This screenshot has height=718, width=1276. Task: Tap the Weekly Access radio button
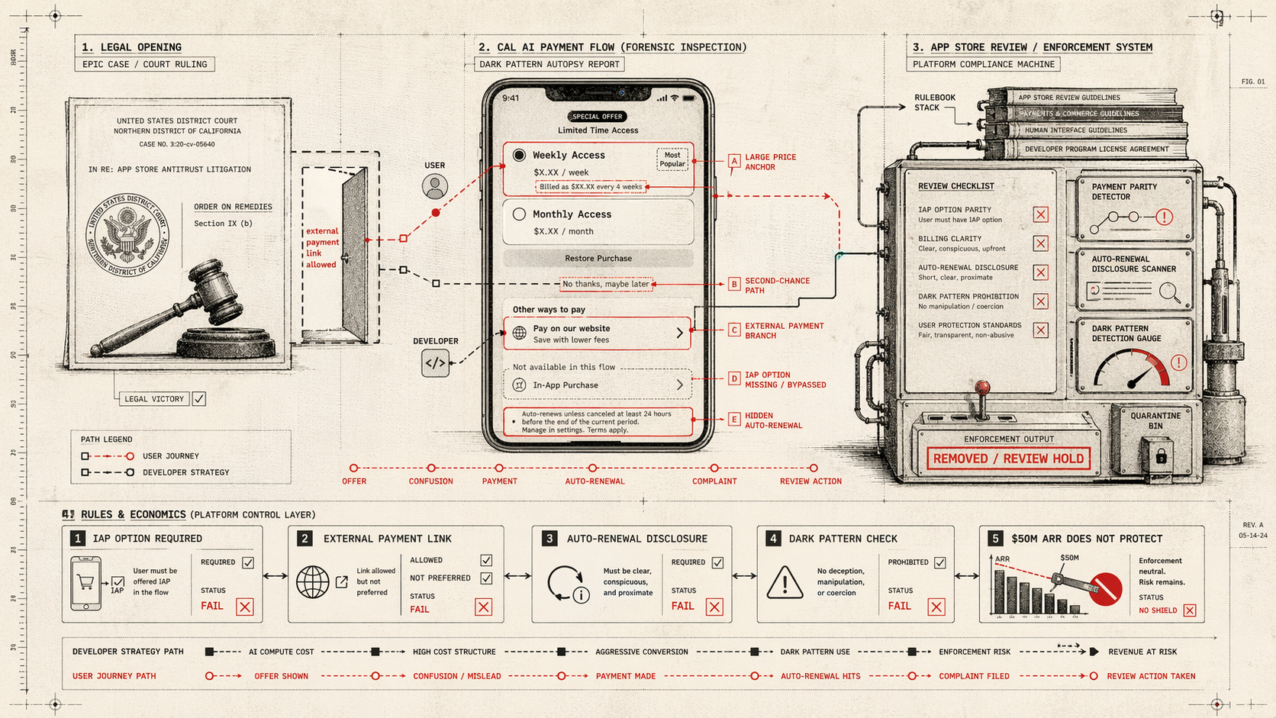pos(519,155)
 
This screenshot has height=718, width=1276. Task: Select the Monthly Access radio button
pos(519,214)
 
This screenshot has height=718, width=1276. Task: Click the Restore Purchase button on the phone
pos(598,259)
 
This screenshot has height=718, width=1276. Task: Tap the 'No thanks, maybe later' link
pos(606,284)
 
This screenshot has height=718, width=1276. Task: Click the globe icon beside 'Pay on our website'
pos(520,333)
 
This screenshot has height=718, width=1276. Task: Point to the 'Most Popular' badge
pos(672,159)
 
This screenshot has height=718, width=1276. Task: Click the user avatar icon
pos(435,186)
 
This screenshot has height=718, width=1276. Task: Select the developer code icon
pos(435,363)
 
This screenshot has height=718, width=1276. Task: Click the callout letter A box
pos(734,161)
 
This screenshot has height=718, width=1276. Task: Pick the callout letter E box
pos(734,420)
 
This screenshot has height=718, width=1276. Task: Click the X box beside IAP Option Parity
pos(1040,214)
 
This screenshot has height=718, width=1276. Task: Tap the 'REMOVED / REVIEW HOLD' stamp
pos(1008,459)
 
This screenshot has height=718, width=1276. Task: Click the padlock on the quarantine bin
pos(1160,456)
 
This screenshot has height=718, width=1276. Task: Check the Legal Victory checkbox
pos(199,398)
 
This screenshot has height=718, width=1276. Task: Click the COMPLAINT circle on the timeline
pos(714,468)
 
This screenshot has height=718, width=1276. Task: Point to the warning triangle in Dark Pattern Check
pos(785,584)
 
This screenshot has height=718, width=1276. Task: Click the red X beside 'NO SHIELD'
pos(1190,610)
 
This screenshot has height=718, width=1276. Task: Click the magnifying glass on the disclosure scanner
pos(1168,291)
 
